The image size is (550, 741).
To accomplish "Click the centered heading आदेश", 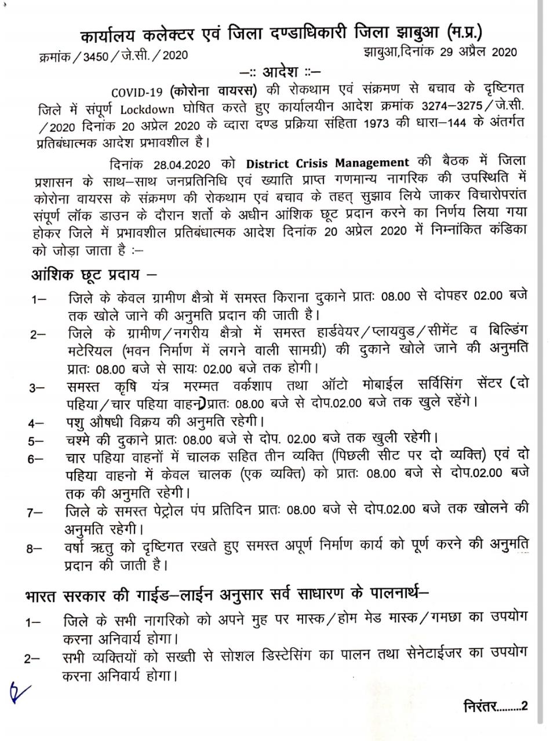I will click(279, 73).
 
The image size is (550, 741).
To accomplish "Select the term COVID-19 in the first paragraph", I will click(137, 92).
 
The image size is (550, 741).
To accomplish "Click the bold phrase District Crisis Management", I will click(327, 163).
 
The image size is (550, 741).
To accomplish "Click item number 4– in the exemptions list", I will click(36, 424).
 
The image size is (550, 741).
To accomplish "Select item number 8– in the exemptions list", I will click(35, 548).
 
